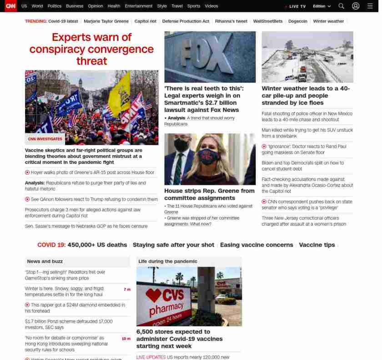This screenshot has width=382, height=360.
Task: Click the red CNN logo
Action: [x=10, y=6]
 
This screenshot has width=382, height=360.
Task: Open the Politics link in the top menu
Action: [x=54, y=6]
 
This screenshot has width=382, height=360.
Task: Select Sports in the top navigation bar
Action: [x=193, y=6]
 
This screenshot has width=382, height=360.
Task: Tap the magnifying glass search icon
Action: [x=341, y=6]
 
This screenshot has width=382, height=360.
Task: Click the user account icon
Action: [x=356, y=6]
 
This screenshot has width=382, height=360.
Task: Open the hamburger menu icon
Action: [x=370, y=6]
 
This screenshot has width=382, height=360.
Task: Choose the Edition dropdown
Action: [x=322, y=6]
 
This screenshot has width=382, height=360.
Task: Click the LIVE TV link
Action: [x=297, y=6]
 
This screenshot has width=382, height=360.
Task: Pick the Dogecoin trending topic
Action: [x=297, y=21]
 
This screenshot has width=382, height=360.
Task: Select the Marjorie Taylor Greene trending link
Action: [x=106, y=21]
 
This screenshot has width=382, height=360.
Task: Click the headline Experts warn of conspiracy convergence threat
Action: [x=91, y=49]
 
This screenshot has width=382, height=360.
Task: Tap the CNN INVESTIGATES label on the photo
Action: [x=45, y=139]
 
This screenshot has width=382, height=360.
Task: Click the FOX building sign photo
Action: [x=210, y=56]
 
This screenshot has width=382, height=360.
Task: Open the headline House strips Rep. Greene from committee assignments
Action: [x=209, y=194]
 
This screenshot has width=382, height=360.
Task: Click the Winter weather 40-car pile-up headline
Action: [x=306, y=96]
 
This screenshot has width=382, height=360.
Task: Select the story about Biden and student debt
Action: [x=302, y=166]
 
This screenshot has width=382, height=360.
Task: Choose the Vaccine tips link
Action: [x=317, y=245]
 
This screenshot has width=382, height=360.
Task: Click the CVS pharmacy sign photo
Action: [x=189, y=296]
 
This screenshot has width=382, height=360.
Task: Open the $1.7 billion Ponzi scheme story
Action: [x=69, y=324]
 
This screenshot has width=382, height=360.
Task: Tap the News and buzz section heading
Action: [x=45, y=261]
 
